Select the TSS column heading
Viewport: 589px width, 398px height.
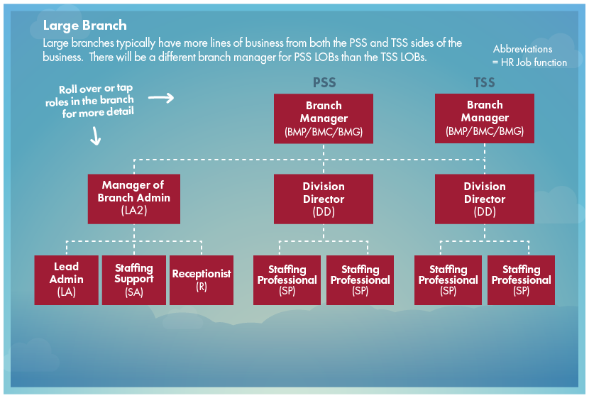tap(485, 83)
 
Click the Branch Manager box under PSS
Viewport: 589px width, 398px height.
tap(324, 118)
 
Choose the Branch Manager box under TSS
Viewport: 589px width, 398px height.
tap(485, 118)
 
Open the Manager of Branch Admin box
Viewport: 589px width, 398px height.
tap(133, 198)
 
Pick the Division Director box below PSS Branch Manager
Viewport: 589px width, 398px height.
tap(324, 198)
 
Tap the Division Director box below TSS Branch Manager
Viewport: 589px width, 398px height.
tap(485, 198)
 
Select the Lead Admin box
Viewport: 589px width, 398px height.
tap(67, 280)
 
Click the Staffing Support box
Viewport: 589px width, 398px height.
tap(133, 280)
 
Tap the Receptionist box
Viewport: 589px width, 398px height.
tap(201, 280)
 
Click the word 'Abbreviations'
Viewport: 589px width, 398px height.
tap(522, 49)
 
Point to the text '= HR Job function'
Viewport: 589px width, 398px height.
tap(529, 62)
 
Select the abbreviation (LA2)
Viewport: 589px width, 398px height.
tap(133, 211)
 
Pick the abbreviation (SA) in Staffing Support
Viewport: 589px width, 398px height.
tap(133, 292)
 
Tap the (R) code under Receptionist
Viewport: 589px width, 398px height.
tap(201, 286)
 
